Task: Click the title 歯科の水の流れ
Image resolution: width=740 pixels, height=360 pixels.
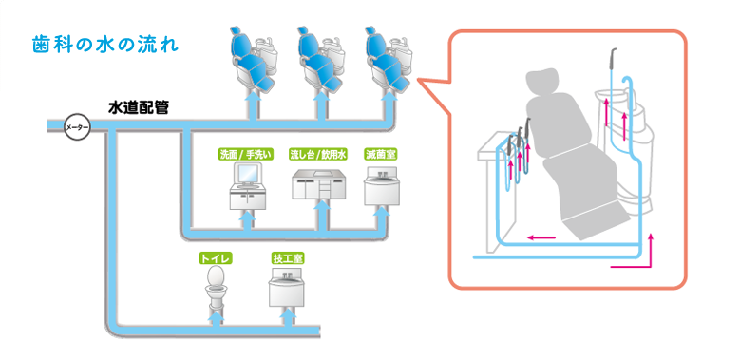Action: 105,45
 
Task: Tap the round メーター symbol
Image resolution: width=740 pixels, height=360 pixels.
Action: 77,127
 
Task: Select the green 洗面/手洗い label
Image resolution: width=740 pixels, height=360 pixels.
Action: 247,154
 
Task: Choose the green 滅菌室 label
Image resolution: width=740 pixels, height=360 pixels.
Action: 380,154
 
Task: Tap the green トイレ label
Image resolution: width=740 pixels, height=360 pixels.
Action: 216,258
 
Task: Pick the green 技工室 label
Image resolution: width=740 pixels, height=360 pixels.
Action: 288,258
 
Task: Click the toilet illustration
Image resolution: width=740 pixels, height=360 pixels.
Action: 216,288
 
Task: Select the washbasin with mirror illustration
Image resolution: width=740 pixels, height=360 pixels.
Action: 247,186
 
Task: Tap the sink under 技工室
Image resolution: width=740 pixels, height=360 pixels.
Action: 287,287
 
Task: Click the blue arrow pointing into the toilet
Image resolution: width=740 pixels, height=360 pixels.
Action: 217,318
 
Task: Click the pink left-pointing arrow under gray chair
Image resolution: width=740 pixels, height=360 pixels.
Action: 541,237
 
